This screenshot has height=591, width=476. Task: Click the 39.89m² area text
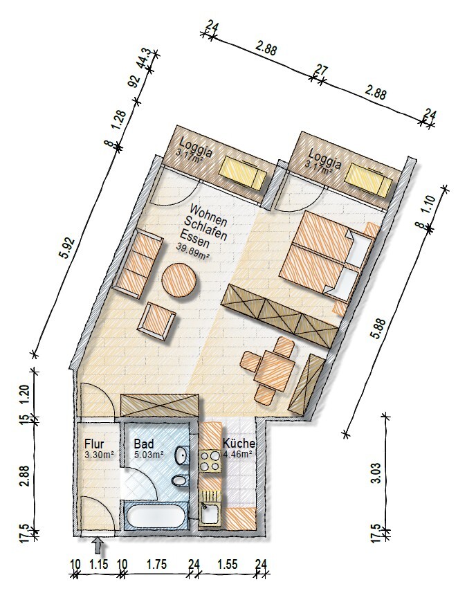pos(192,250)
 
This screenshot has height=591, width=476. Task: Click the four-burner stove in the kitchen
pos(210,461)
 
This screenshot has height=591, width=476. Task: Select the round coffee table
pos(178,280)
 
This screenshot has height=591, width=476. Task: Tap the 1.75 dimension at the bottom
pos(156,564)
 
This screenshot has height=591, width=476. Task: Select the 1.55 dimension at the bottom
pos(228,564)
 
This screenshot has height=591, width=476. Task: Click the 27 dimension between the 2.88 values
pos(322,70)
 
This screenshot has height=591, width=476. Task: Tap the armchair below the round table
pos(157,320)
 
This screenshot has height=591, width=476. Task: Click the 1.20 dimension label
pos(24,395)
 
